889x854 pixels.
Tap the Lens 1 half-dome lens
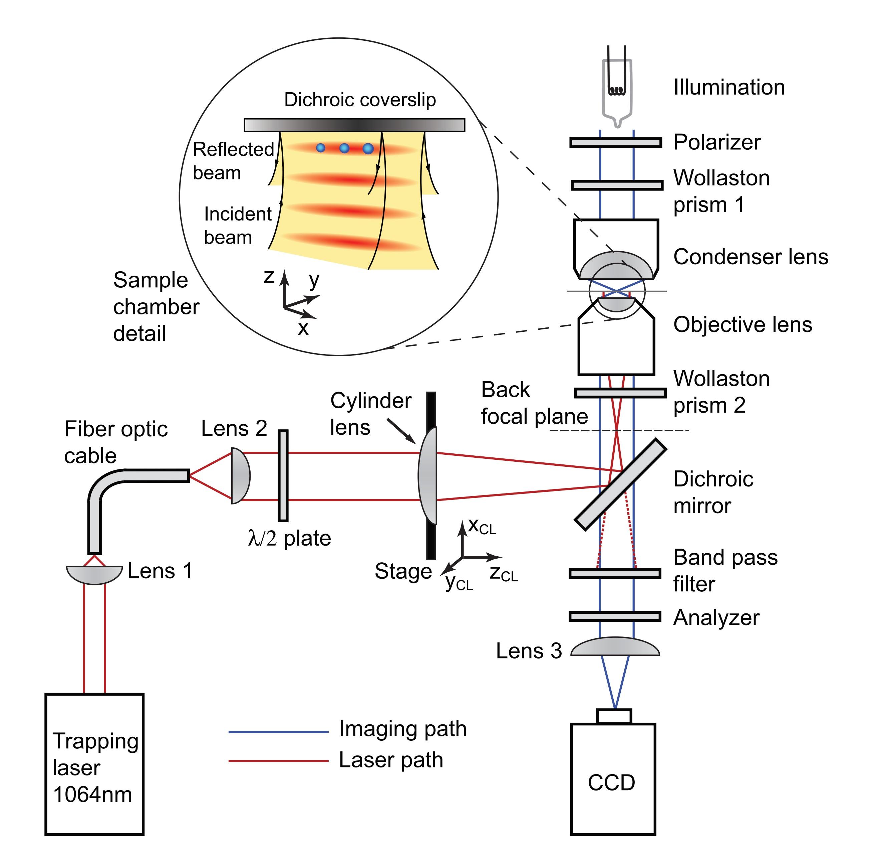[x=94, y=574]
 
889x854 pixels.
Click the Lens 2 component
[x=240, y=476]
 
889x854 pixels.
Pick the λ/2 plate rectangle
[x=283, y=476]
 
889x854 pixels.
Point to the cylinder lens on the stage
[x=428, y=476]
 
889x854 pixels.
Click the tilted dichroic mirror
[x=620, y=484]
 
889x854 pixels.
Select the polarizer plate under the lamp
[x=615, y=143]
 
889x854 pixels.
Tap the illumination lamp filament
[x=616, y=91]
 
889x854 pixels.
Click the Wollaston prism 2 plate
[x=620, y=393]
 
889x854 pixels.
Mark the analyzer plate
[x=615, y=616]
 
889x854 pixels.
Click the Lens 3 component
[x=615, y=648]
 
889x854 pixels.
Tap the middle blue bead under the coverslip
[x=344, y=148]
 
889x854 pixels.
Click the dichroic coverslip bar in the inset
[x=354, y=125]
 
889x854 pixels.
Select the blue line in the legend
[x=278, y=732]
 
